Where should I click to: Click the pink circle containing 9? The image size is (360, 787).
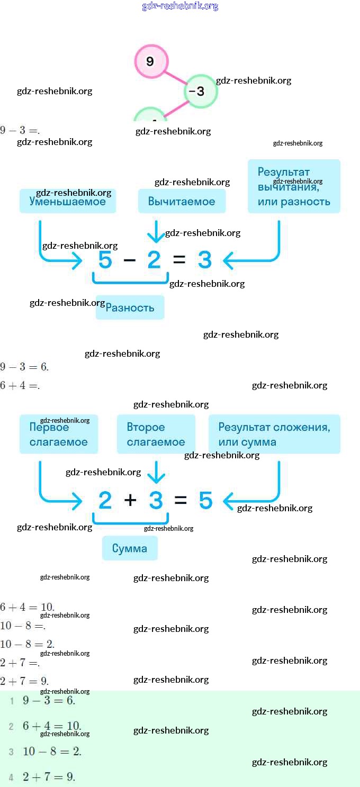[x=151, y=61]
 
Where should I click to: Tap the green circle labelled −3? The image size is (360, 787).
[x=201, y=92]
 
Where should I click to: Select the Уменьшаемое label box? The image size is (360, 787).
[x=68, y=201]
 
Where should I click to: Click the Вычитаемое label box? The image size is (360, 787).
[x=182, y=201]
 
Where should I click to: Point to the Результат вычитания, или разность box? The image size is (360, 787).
[x=294, y=186]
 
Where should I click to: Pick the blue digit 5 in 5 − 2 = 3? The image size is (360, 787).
[x=105, y=260]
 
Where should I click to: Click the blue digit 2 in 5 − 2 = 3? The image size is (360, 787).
[x=154, y=260]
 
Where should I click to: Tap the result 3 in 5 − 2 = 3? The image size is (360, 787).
[x=205, y=260]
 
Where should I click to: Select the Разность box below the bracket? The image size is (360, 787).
[x=130, y=307]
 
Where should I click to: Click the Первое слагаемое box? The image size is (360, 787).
[x=59, y=435]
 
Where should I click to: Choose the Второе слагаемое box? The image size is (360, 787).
[x=156, y=435]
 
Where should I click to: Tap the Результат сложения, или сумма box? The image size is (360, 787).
[x=274, y=435]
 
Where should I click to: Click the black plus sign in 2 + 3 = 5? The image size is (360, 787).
[x=130, y=500]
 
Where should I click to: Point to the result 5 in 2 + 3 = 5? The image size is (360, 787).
[x=205, y=500]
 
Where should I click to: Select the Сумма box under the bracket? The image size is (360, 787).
[x=130, y=548]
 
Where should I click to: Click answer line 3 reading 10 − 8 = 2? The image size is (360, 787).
[x=52, y=752]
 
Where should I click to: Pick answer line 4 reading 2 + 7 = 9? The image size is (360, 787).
[x=49, y=777]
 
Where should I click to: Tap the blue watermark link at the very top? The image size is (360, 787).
[x=180, y=6]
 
